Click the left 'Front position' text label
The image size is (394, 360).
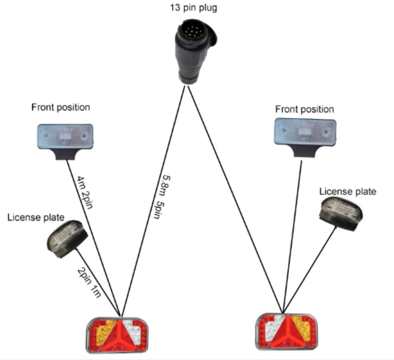(x=61, y=107)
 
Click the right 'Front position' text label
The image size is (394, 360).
(x=304, y=110)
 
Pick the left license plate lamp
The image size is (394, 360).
(x=68, y=236)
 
